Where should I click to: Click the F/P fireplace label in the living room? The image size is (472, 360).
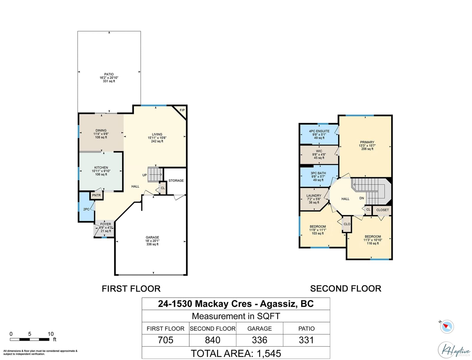pyautogui.click(x=182, y=110)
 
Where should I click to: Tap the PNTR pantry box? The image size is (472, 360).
pyautogui.click(x=96, y=195)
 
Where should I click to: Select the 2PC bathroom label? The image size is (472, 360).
pyautogui.click(x=86, y=209)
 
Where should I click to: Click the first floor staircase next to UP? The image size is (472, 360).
pyautogui.click(x=155, y=175)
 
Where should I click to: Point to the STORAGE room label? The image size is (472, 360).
pyautogui.click(x=176, y=181)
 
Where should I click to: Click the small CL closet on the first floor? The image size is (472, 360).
pyautogui.click(x=163, y=188)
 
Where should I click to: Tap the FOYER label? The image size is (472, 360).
pyautogui.click(x=106, y=224)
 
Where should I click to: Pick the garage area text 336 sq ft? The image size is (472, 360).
pyautogui.click(x=152, y=244)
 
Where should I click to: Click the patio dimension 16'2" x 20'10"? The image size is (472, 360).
pyautogui.click(x=109, y=78)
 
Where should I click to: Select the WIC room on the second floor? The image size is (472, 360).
pyautogui.click(x=319, y=155)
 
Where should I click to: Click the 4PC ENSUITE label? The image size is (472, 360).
pyautogui.click(x=319, y=131)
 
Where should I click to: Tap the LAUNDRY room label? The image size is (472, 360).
pyautogui.click(x=314, y=196)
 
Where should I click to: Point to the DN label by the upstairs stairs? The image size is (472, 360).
pyautogui.click(x=362, y=198)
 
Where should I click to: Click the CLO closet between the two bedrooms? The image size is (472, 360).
pyautogui.click(x=347, y=224)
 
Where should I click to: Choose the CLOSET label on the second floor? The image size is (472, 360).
pyautogui.click(x=382, y=210)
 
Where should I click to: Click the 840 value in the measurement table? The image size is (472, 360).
pyautogui.click(x=212, y=340)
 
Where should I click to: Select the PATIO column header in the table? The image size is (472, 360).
pyautogui.click(x=307, y=329)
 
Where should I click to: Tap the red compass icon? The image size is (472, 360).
pyautogui.click(x=447, y=327)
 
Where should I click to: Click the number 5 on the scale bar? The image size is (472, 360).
pyautogui.click(x=30, y=334)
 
